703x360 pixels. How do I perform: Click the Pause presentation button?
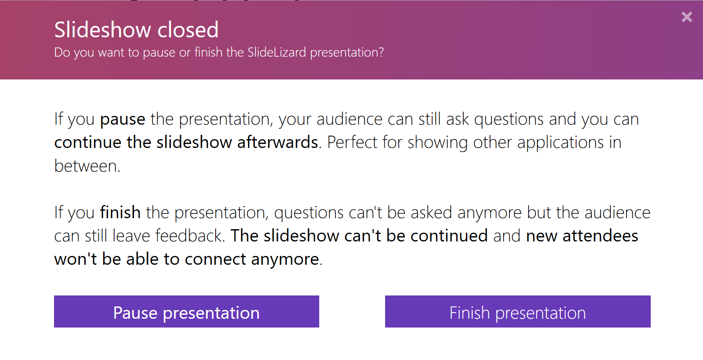tap(186, 312)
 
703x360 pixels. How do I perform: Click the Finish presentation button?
tap(518, 312)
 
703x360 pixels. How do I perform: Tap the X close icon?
tap(687, 17)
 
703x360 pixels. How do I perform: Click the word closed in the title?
tap(188, 30)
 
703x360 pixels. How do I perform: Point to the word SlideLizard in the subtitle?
tap(277, 52)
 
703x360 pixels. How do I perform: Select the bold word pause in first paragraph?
tap(123, 119)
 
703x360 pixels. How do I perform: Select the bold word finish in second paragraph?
tap(120, 212)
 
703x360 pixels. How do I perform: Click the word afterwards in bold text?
tap(278, 143)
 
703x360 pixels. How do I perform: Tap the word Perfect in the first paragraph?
tap(352, 143)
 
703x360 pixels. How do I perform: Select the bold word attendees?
tap(600, 236)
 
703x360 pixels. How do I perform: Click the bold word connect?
tap(215, 259)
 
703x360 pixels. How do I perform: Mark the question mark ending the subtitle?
tap(381, 52)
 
